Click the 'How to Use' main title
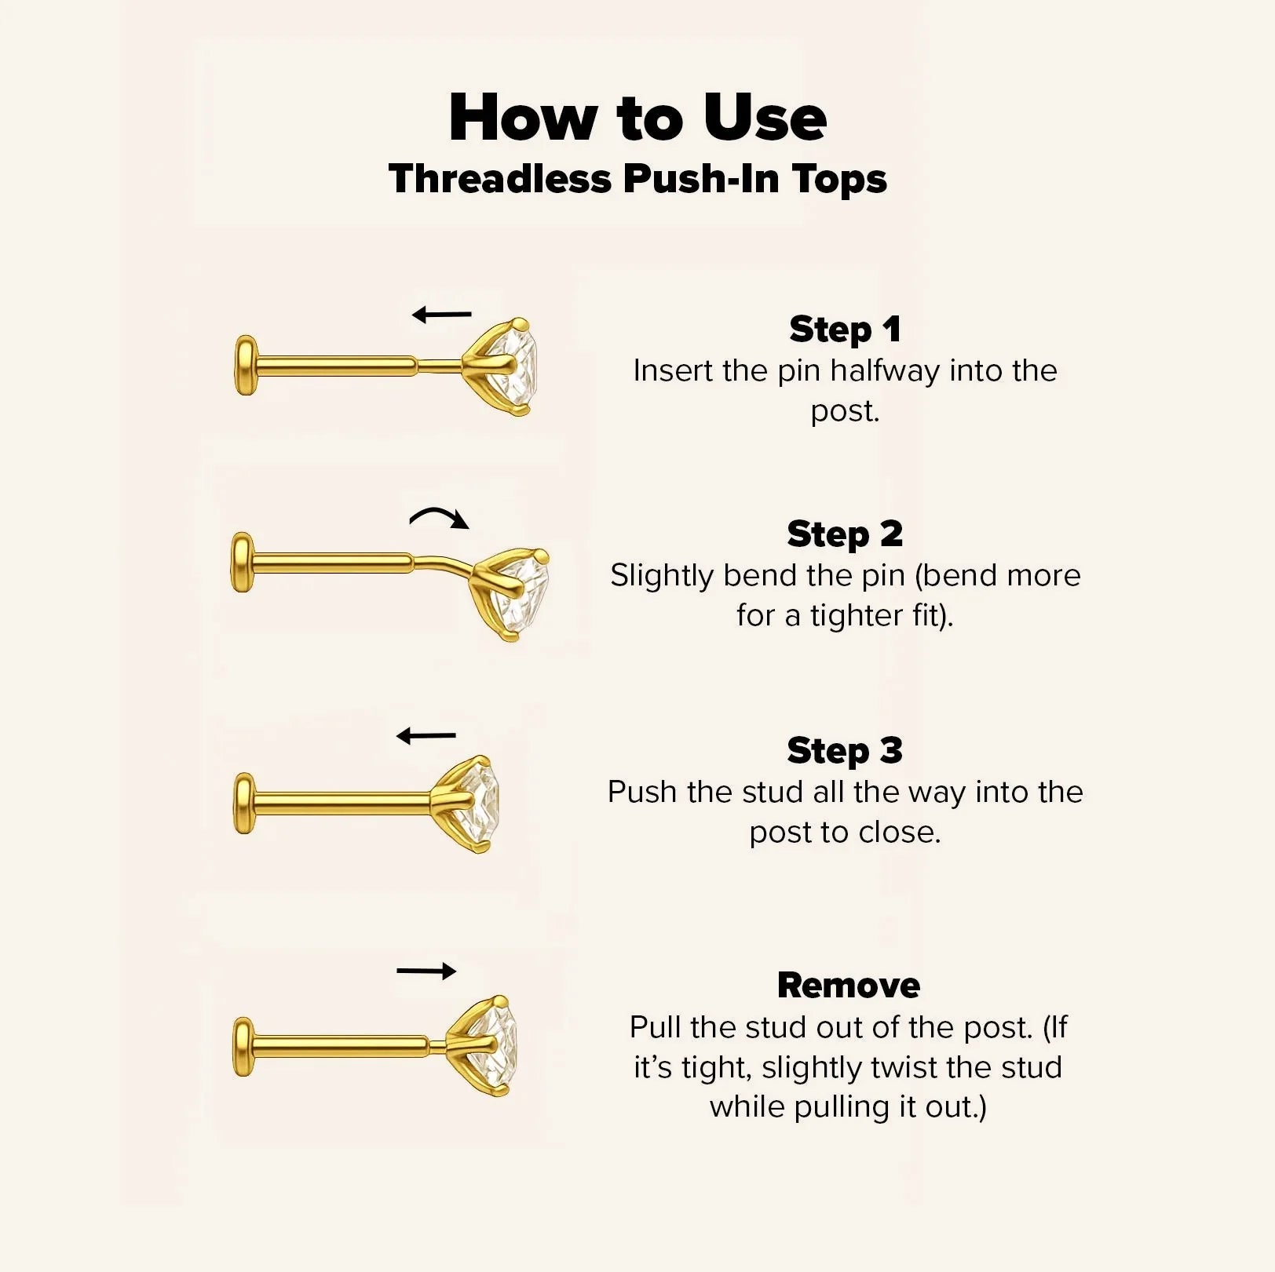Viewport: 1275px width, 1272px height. [637, 118]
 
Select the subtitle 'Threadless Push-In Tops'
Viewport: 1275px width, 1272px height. [637, 179]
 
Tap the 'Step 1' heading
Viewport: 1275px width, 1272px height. [845, 330]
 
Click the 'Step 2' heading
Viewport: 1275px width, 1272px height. [845, 534]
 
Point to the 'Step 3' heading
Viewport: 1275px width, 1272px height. [845, 751]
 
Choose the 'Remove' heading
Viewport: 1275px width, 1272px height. [849, 986]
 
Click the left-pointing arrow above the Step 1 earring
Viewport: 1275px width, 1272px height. [442, 315]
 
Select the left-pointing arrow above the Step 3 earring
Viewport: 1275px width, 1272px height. [426, 736]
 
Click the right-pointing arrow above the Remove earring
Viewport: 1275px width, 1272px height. [426, 971]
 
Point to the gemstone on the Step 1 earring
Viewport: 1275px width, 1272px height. [514, 367]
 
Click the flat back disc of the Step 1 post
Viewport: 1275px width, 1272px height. [246, 365]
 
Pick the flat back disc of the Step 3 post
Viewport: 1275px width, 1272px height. [245, 804]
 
